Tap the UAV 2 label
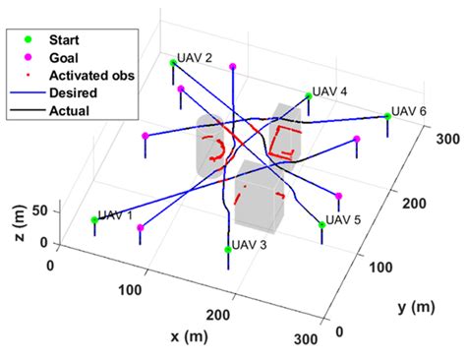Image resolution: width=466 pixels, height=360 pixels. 195,58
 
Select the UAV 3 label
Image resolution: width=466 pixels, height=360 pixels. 249,245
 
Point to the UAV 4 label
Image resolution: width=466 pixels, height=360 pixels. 330,91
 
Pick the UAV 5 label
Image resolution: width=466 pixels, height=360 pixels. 344,218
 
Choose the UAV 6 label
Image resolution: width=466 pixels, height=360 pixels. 409,110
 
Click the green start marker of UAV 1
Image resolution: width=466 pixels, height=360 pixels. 95,220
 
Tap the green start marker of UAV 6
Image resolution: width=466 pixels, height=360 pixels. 388,116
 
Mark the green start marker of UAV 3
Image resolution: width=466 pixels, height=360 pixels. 228,250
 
